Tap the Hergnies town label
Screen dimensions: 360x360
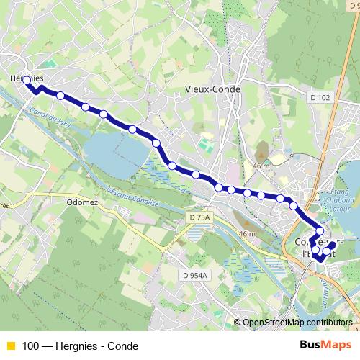tap(27, 78)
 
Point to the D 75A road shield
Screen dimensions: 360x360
tap(201, 217)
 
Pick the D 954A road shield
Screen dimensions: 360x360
tap(194, 274)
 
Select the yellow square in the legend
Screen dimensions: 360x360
tap(11, 346)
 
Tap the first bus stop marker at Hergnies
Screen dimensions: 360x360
tap(26, 81)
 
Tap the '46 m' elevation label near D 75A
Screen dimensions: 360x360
tap(247, 234)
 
